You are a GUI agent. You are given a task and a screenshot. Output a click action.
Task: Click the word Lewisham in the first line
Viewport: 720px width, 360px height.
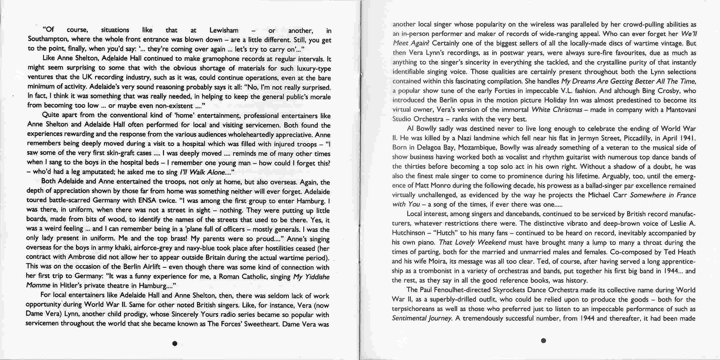point(224,31)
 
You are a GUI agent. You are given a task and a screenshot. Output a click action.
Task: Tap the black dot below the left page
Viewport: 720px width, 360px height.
point(175,343)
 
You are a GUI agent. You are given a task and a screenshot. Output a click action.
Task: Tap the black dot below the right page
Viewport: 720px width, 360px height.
point(544,341)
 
